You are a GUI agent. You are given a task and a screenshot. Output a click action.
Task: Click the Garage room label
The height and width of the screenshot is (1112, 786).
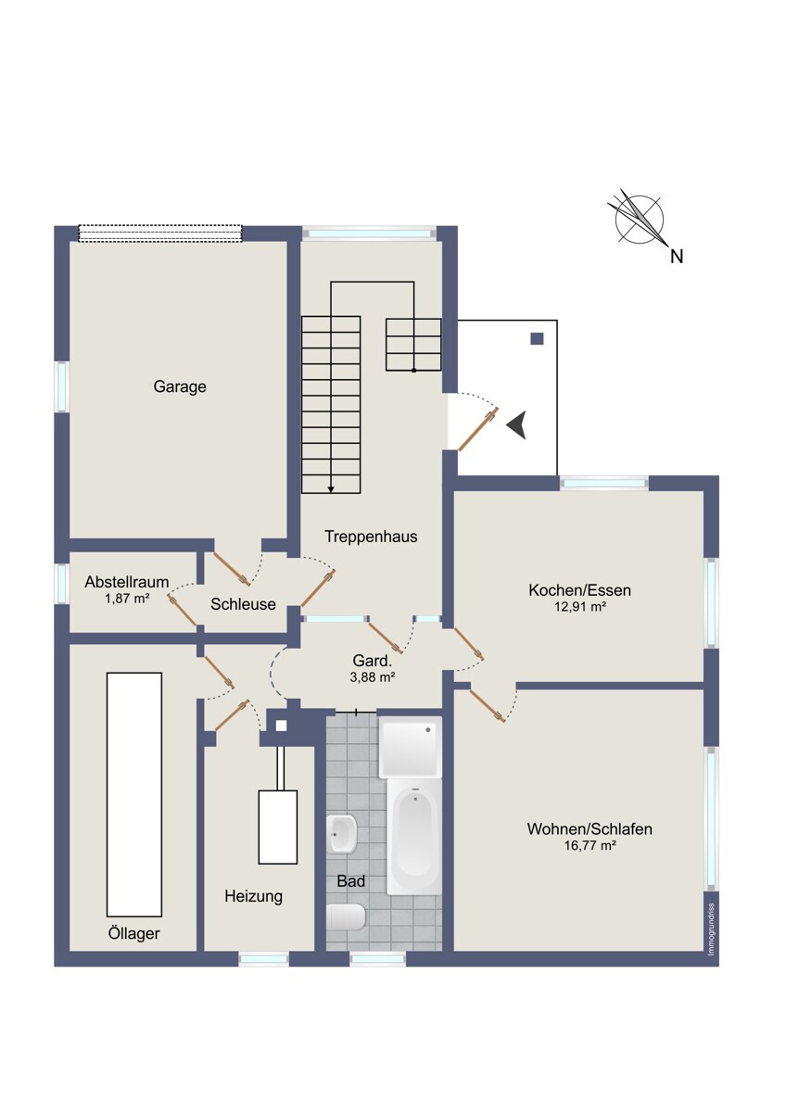(180, 386)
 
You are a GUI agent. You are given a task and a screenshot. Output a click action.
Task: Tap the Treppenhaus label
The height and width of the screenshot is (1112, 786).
(371, 537)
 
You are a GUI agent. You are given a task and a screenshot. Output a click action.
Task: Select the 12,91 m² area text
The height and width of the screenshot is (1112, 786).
(580, 606)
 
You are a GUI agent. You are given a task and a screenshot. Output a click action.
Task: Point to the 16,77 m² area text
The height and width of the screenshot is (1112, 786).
(589, 845)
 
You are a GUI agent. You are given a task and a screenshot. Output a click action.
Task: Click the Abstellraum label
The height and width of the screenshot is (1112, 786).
(127, 581)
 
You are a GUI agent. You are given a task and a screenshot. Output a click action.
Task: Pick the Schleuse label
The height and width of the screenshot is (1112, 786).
(243, 603)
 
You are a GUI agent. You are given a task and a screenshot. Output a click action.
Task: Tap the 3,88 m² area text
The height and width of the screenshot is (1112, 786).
(373, 676)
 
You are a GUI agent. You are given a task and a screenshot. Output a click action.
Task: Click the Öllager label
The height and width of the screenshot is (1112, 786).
(133, 933)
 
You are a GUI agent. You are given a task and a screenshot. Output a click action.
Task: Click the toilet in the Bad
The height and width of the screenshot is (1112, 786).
(346, 916)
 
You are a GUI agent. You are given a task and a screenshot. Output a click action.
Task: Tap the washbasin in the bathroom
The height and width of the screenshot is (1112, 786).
(342, 833)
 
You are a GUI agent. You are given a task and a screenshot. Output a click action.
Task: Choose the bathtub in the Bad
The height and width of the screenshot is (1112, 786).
(414, 836)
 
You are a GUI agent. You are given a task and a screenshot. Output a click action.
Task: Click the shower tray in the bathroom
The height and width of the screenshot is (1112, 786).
(410, 747)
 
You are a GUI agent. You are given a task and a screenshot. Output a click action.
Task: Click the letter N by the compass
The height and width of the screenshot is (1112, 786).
(677, 256)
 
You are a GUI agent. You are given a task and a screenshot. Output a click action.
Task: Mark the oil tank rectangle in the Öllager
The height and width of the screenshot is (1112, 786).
(134, 794)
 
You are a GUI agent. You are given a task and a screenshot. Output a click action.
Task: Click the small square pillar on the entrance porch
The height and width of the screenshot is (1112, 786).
(537, 338)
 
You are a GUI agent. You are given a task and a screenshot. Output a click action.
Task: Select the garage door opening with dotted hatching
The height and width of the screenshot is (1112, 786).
(160, 234)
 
